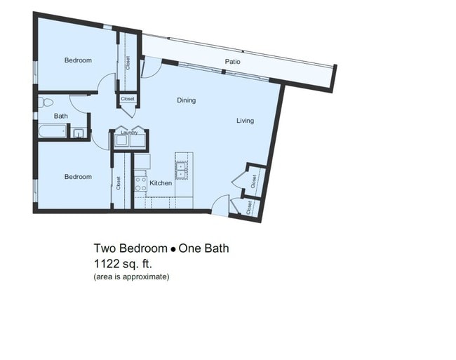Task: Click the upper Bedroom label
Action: (78, 60)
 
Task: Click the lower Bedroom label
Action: (78, 177)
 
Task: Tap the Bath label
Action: (61, 116)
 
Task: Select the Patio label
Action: (232, 62)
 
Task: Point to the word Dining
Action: (186, 100)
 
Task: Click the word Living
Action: (245, 121)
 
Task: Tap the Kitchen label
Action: (161, 183)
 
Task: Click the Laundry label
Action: (128, 132)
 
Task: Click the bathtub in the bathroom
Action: (53, 131)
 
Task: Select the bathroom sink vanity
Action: (79, 131)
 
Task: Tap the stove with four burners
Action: (140, 184)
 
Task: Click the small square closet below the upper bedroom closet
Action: (127, 100)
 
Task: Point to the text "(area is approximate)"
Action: (131, 277)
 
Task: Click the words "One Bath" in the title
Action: (203, 248)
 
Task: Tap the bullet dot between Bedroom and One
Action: (172, 249)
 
